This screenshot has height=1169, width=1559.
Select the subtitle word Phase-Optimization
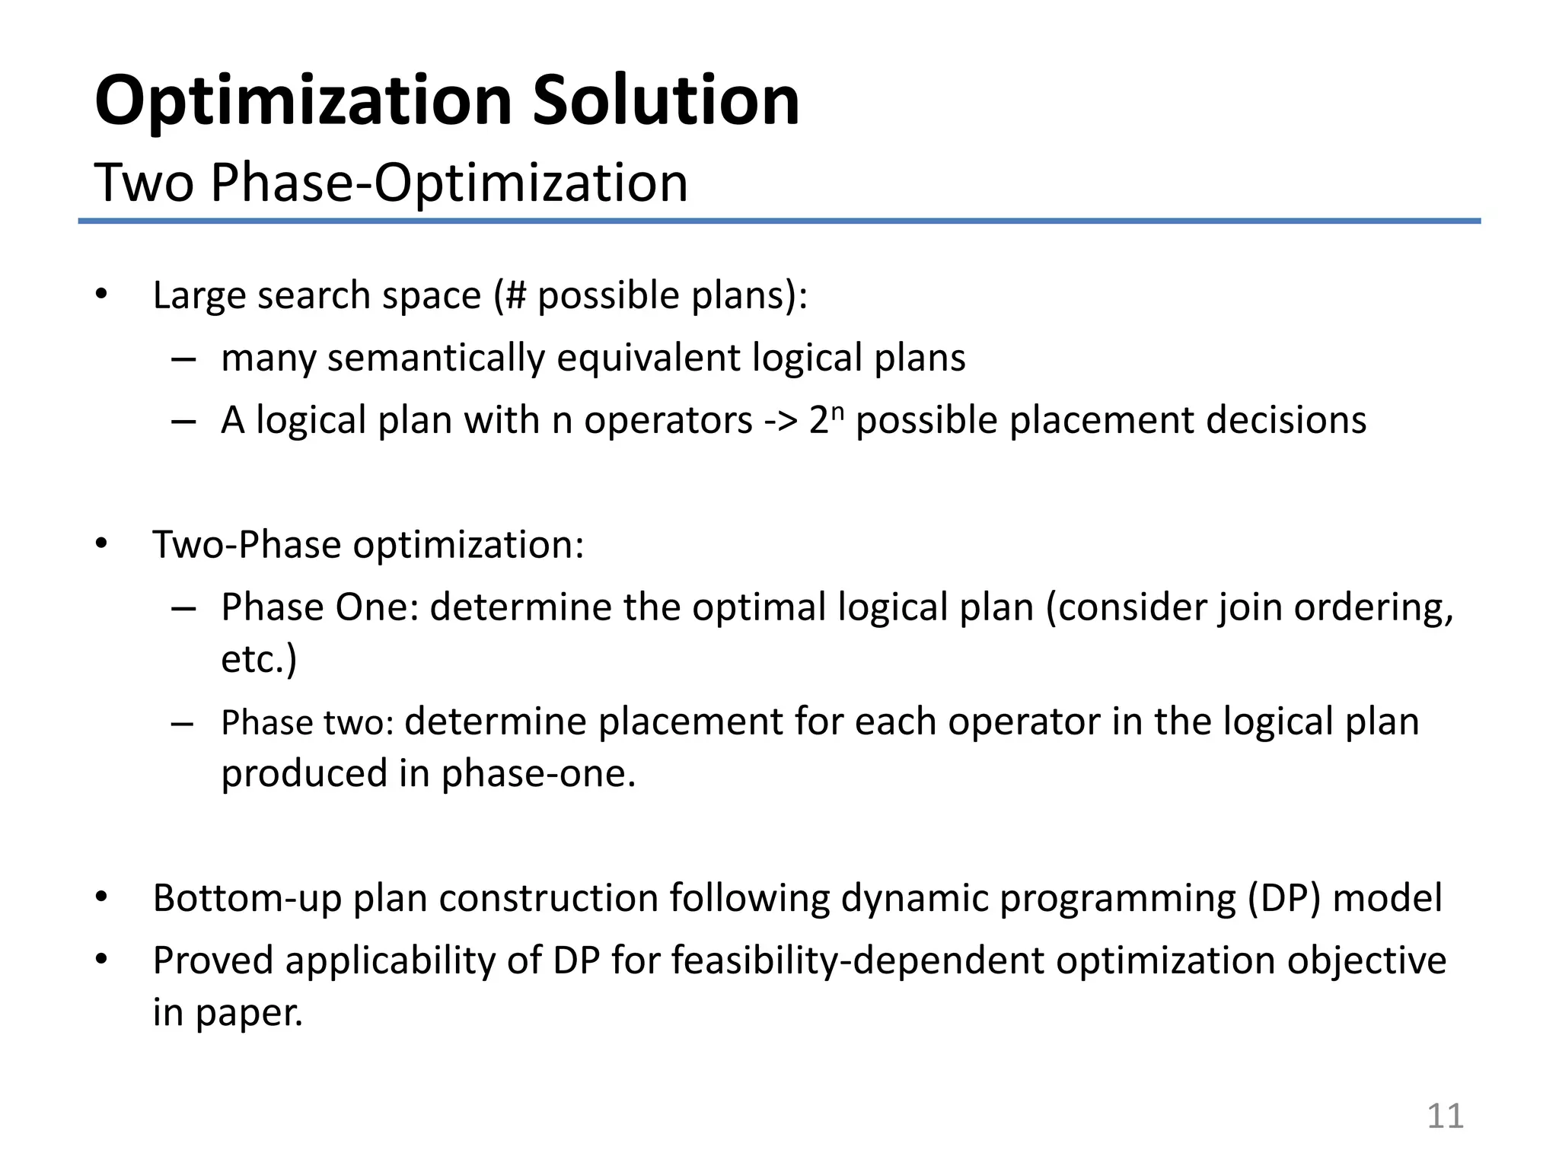pyautogui.click(x=448, y=183)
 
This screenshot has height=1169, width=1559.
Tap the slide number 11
pyautogui.click(x=1444, y=1116)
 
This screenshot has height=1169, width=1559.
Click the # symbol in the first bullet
pyautogui.click(x=515, y=295)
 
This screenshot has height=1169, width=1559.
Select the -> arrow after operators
pyautogui.click(x=780, y=420)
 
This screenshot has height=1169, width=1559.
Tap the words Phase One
pyautogui.click(x=320, y=607)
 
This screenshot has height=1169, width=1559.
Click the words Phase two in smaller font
pyautogui.click(x=307, y=723)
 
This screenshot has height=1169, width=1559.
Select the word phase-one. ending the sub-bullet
pyautogui.click(x=538, y=773)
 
